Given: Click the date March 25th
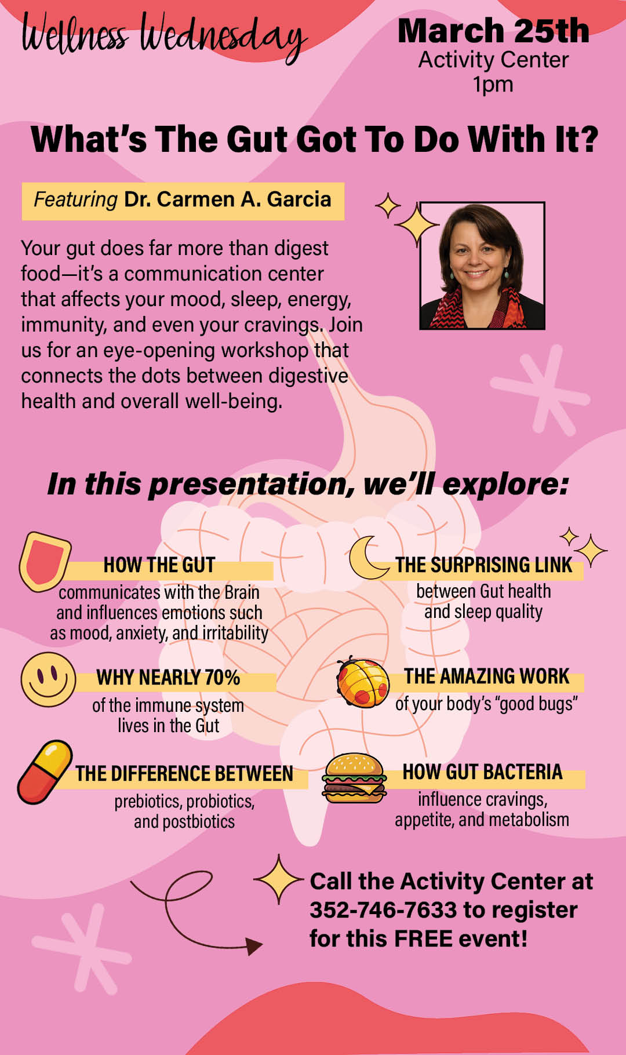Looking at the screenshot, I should tap(493, 31).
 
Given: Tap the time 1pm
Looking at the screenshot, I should tap(493, 85).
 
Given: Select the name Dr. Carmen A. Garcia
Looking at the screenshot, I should tap(227, 199).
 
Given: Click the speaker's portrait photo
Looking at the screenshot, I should tap(482, 266).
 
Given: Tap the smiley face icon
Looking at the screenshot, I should tap(48, 679).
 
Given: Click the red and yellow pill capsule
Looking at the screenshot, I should tap(45, 772).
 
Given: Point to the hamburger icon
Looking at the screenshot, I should tap(354, 778).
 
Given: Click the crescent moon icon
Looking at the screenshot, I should tap(366, 558).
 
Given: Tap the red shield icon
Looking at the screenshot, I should tap(45, 561).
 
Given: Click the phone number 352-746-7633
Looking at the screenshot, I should tap(383, 910).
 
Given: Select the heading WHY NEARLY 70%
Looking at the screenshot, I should tap(168, 678).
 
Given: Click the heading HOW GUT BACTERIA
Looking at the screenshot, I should tap(482, 772).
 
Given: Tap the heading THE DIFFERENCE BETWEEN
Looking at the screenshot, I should tap(184, 774).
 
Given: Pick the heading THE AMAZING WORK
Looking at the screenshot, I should tap(487, 676).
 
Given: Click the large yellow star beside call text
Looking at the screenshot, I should tap(279, 880).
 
